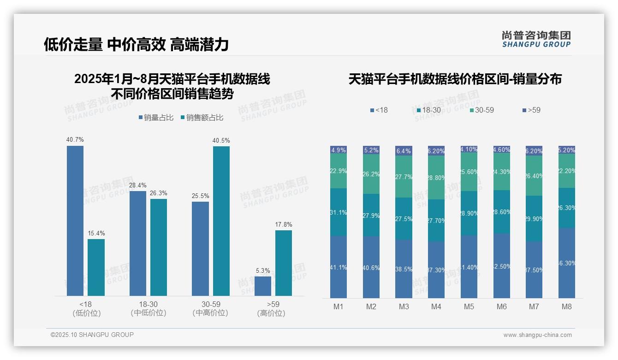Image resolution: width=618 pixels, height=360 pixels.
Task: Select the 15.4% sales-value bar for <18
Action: (x=96, y=267)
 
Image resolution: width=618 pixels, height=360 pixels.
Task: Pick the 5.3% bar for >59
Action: (x=263, y=286)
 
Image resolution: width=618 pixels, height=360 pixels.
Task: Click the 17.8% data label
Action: (x=284, y=224)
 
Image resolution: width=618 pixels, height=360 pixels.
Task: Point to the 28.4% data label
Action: (x=138, y=185)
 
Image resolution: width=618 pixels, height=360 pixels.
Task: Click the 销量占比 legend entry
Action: (x=156, y=118)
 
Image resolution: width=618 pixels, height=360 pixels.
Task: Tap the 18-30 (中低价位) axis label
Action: (x=148, y=308)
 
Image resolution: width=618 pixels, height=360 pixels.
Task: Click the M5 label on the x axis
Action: (x=469, y=306)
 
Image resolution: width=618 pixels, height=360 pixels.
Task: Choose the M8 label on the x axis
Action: (x=567, y=306)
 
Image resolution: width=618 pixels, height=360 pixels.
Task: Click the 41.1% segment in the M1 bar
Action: (x=339, y=267)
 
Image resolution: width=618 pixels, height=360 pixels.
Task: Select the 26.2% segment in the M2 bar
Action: (x=371, y=174)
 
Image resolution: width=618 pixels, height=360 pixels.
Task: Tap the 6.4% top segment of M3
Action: (x=404, y=151)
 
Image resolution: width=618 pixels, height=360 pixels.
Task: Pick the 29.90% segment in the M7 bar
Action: (x=534, y=219)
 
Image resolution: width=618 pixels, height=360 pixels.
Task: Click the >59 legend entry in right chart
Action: (x=531, y=110)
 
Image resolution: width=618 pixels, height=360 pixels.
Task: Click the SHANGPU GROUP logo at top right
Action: (x=536, y=39)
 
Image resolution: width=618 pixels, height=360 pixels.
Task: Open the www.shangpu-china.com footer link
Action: (x=537, y=335)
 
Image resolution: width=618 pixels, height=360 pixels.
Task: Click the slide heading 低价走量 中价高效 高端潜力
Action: (x=136, y=44)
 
